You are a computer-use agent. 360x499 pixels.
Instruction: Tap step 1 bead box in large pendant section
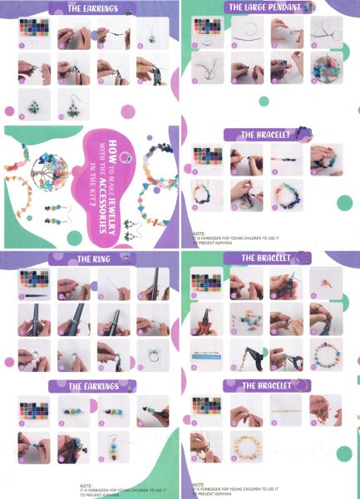click(x=206, y=31)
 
